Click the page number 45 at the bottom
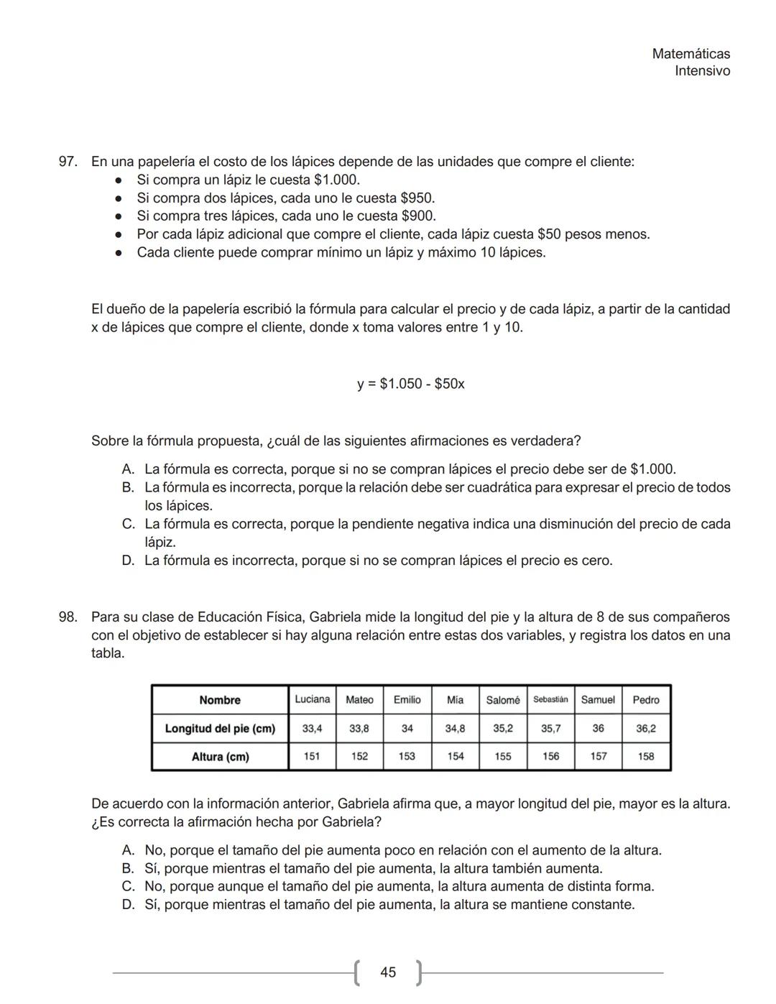(388, 972)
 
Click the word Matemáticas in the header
(690, 54)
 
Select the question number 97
(68, 162)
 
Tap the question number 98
(68, 617)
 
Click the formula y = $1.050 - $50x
(411, 384)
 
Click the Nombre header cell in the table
(220, 700)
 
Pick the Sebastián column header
(550, 700)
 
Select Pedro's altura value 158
(645, 756)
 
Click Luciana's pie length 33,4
(312, 728)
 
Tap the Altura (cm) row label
(220, 756)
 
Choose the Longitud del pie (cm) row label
(220, 728)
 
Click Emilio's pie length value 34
(407, 728)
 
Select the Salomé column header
(502, 700)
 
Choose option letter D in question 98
(128, 905)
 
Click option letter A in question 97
(128, 469)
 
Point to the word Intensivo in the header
(702, 71)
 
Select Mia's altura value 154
(455, 756)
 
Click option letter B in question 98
(128, 869)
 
